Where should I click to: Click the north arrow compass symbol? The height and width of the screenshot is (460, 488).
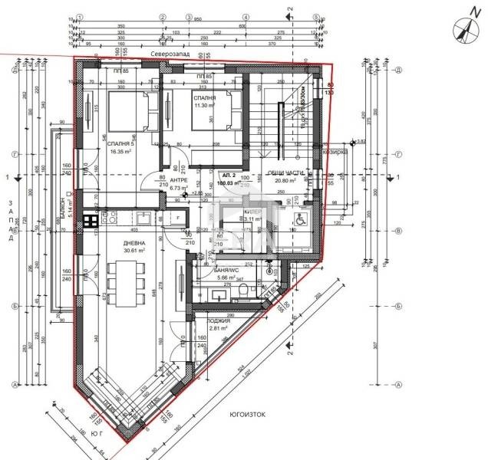coord(463,28)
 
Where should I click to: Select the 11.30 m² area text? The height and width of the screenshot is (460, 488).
coord(203,107)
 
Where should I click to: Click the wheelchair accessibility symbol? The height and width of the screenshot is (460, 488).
coord(297,219)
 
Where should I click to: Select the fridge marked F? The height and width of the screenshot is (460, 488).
coord(178,219)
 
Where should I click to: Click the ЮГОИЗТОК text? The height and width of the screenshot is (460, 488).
coord(246,414)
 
